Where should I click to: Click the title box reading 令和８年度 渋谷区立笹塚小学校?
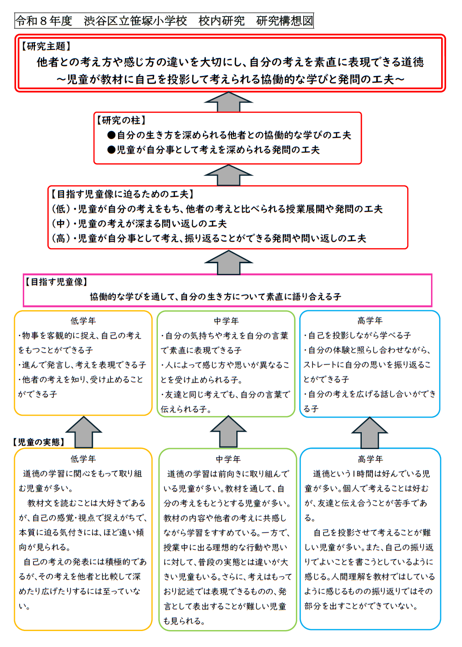[164, 20]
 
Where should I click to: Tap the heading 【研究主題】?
[46, 46]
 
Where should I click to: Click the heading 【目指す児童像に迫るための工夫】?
[122, 194]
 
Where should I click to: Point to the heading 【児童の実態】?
[38, 442]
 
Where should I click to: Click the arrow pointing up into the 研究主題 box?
[229, 102]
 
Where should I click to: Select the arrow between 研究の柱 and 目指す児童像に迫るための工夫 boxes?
[229, 175]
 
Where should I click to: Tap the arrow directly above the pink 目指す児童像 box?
[229, 262]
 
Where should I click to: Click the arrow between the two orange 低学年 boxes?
[84, 432]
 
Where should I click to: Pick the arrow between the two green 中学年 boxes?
[229, 432]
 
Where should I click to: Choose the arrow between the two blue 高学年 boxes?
[370, 433]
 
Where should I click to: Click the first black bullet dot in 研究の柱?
[111, 135]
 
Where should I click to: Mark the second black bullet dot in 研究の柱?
[111, 150]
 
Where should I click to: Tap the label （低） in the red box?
[61, 209]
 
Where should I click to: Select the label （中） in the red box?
[61, 224]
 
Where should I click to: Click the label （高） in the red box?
[61, 238]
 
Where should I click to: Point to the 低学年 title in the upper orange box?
[83, 321]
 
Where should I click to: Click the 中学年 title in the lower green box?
[228, 459]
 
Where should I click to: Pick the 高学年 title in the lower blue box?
[370, 459]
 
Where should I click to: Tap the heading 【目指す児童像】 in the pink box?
[56, 282]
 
